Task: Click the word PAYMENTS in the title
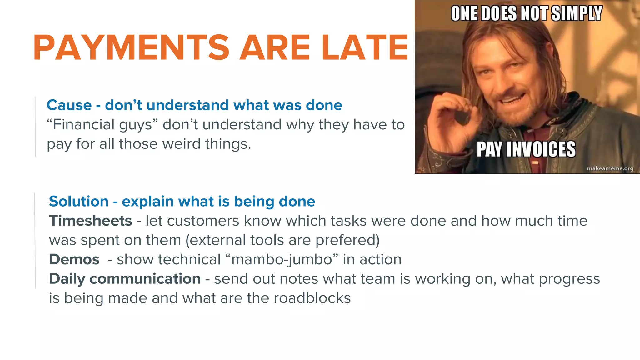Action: pos(131,47)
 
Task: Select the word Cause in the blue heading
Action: pos(69,105)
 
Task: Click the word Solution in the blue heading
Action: pos(79,201)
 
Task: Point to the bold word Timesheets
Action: pos(91,221)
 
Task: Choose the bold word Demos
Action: pos(74,259)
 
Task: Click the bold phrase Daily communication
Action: pos(125,279)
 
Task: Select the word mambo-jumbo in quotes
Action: pos(282,260)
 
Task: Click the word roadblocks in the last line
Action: pos(312,298)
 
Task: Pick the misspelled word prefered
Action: pos(347,240)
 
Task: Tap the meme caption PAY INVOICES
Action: pos(526,149)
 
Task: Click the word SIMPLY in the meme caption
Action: pos(577,14)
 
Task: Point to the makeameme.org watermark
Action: pos(610,168)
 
